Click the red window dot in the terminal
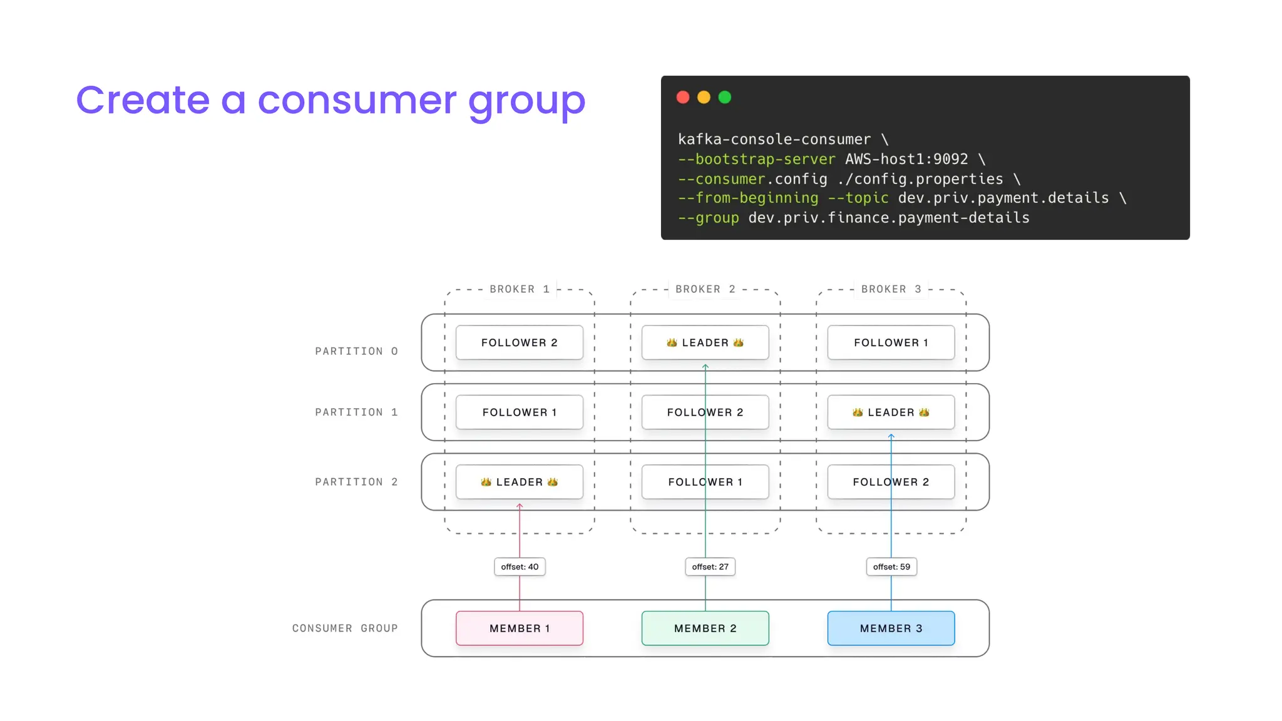click(683, 97)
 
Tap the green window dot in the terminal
click(725, 97)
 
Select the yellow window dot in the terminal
click(704, 97)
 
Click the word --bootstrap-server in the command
click(756, 159)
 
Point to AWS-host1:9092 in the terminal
click(906, 159)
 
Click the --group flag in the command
click(708, 218)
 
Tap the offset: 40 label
click(520, 566)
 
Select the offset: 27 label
click(710, 566)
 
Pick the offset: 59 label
click(891, 566)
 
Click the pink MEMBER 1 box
click(520, 628)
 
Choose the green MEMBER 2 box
click(705, 628)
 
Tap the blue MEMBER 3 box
click(891, 628)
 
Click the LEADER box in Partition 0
click(705, 342)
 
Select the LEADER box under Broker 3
click(891, 412)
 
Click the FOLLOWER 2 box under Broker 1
click(520, 342)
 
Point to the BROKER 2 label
click(705, 289)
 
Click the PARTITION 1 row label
click(356, 412)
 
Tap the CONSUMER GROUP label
click(345, 628)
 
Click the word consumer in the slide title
click(357, 100)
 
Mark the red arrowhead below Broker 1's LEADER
click(520, 506)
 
